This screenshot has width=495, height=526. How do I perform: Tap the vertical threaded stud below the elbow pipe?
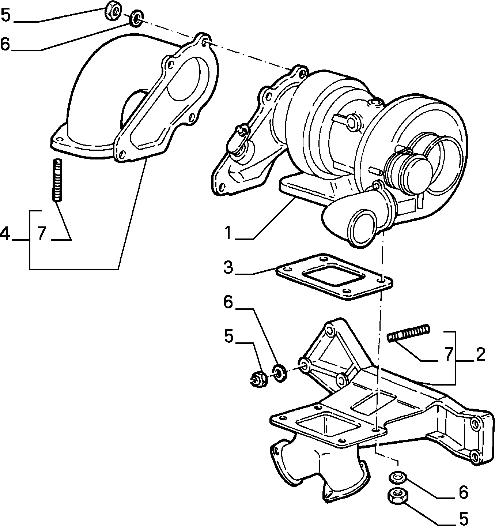tap(57, 180)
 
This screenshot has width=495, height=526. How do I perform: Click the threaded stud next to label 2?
tap(408, 333)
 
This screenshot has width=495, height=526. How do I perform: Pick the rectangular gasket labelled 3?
tap(334, 277)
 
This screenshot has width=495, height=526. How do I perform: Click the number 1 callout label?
tap(228, 233)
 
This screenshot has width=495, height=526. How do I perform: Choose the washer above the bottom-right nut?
tap(396, 478)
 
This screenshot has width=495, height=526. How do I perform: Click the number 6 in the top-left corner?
tap(5, 44)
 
